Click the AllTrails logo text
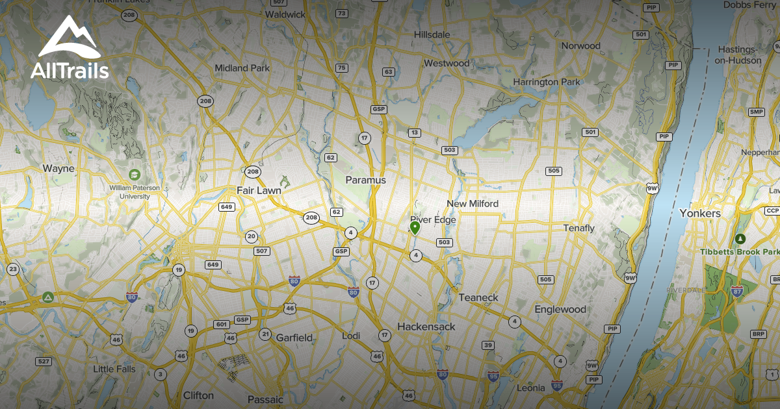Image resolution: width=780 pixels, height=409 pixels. click(70, 70)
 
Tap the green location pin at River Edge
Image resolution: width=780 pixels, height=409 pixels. click(415, 227)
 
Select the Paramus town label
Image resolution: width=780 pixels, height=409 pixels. click(365, 180)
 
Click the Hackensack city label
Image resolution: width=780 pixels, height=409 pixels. click(426, 327)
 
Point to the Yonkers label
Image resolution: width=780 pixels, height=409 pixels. click(700, 213)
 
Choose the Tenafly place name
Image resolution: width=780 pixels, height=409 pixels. click(578, 228)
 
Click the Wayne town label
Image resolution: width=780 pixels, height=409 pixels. click(58, 168)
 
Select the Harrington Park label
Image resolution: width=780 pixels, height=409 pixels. click(546, 82)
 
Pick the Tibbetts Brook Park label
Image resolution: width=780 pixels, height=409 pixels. click(740, 251)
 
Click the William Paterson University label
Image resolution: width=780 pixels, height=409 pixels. click(135, 192)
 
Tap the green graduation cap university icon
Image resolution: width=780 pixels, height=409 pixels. click(134, 175)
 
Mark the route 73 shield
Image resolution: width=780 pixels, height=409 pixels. click(342, 13)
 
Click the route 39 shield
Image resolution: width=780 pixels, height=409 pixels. click(488, 345)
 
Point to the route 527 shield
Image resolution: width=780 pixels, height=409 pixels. click(44, 361)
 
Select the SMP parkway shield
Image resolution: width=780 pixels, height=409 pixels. click(756, 112)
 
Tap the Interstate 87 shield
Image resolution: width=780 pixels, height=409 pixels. click(737, 291)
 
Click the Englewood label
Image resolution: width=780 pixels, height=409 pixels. click(560, 310)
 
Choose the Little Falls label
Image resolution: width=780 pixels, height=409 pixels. click(114, 369)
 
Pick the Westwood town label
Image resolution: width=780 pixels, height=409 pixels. click(447, 63)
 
